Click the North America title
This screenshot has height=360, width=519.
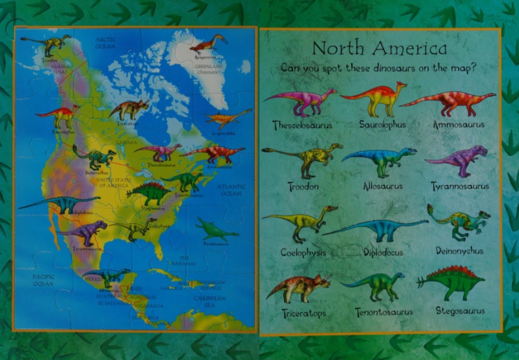379,48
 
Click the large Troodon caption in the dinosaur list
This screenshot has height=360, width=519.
304,186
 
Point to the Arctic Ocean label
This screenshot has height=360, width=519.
105,42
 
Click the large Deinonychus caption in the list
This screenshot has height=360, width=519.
460,251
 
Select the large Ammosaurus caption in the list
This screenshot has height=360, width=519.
459,124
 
